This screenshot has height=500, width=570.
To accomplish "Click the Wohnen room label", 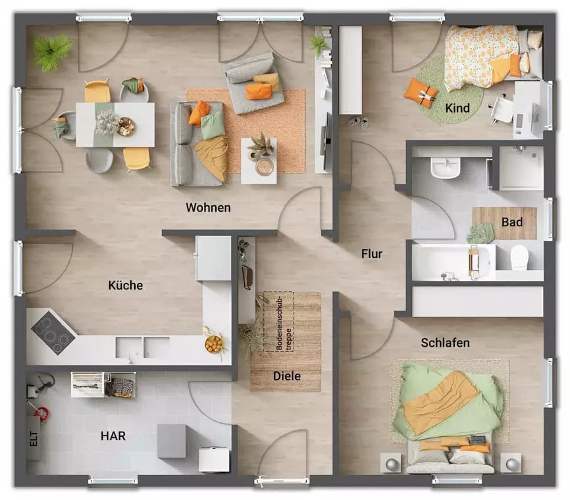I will pos(208,207).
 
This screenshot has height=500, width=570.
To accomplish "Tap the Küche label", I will pos(125,286).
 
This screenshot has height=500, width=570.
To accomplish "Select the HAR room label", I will pos(113,436).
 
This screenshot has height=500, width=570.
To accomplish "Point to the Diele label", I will pos(286,376).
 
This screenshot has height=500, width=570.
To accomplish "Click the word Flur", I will pos(371,253).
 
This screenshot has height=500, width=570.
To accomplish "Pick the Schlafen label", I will pos(445,343).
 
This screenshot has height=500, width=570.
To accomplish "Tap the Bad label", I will pos(511,222).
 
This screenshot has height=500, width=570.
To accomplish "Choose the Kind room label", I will pos(457,107).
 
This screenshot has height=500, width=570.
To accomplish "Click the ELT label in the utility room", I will pos(33,439).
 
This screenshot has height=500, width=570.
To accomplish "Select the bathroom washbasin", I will pos(445,168).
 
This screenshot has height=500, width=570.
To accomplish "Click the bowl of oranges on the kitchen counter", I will pos(214,343).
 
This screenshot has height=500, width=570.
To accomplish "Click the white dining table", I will pos(115,124).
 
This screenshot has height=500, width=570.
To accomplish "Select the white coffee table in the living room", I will pos(259,161).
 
